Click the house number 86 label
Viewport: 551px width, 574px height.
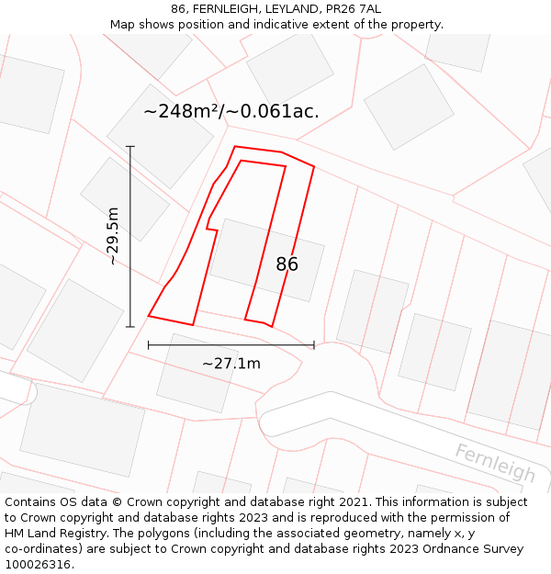[x=287, y=264]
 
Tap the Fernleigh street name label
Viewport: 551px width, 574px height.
[x=495, y=462]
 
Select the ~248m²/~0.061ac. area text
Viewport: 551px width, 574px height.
[x=231, y=112]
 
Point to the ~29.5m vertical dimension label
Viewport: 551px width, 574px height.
[x=112, y=236]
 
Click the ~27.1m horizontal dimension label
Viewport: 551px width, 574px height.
[x=231, y=364]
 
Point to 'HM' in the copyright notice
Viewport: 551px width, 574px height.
[x=16, y=534]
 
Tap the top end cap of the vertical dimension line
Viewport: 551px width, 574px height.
[x=130, y=146]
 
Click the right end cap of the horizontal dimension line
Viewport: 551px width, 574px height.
[x=314, y=345]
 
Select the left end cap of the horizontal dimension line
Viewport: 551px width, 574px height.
[x=149, y=345]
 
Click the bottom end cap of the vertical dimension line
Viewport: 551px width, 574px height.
[x=130, y=326]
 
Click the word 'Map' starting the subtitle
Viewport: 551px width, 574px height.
[x=123, y=25]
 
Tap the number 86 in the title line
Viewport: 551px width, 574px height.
[x=178, y=9]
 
